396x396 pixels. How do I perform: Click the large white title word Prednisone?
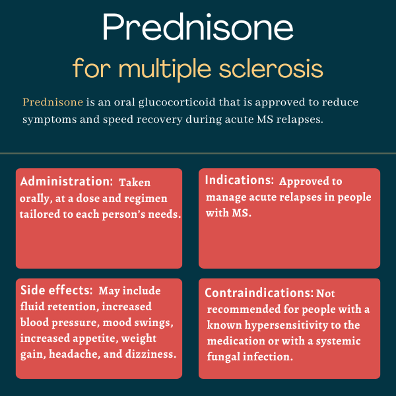[x=198, y=27]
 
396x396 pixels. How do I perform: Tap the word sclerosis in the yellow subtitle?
[x=271, y=68]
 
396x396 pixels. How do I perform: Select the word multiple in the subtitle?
[x=164, y=69]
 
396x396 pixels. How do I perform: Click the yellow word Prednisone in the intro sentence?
[x=53, y=102]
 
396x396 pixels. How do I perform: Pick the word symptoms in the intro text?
[x=49, y=119]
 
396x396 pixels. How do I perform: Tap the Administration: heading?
[x=67, y=181]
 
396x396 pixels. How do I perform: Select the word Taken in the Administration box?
[x=135, y=182]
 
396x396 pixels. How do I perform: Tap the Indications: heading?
[x=240, y=180]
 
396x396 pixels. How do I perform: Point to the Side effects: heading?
[x=57, y=290]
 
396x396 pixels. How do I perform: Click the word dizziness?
[x=150, y=354]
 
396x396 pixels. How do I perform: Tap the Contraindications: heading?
[x=259, y=293]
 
